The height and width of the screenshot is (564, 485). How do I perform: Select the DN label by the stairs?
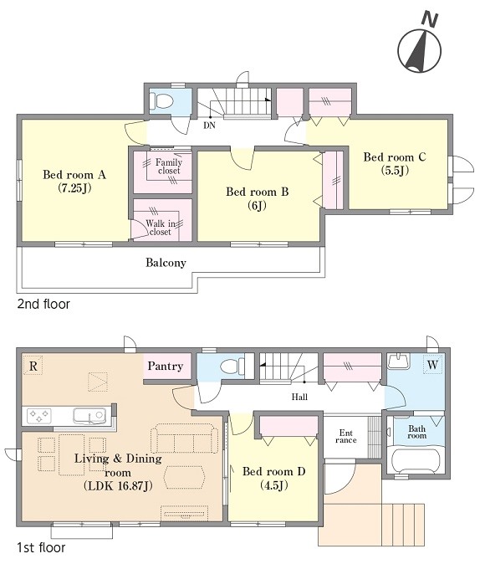(x=209, y=126)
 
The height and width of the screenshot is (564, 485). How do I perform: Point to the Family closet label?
(x=169, y=167)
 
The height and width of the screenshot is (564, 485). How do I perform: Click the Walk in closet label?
(x=160, y=228)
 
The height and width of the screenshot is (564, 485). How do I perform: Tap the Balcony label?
(x=166, y=263)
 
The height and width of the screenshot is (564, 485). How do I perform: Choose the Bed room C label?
(x=395, y=156)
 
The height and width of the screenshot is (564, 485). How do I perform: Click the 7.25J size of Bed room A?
(x=74, y=188)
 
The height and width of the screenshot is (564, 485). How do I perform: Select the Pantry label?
(x=166, y=367)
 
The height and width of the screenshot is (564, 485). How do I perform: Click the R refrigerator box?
(x=33, y=365)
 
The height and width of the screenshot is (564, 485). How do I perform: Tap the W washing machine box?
(x=432, y=364)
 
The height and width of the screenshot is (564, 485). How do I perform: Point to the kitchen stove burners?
(x=38, y=416)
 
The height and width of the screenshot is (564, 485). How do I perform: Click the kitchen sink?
(x=89, y=416)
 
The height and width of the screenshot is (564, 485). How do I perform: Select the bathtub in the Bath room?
(x=416, y=461)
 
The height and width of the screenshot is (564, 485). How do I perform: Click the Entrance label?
(x=345, y=436)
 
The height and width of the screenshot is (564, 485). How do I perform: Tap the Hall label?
(x=299, y=397)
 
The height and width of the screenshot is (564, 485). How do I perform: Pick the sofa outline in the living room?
(x=185, y=438)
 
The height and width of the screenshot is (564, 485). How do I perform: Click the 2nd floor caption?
(x=43, y=305)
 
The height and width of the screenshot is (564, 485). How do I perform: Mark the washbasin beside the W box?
(x=399, y=361)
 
